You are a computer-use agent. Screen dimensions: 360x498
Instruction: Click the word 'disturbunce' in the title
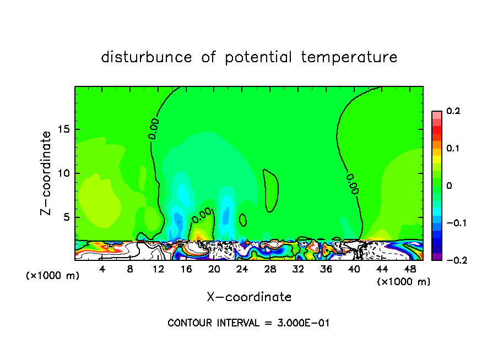[147, 57]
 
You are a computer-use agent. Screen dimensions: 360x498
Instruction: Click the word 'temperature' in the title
[349, 57]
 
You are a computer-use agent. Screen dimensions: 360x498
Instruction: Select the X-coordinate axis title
[249, 297]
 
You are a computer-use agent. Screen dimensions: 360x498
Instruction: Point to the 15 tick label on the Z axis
[62, 129]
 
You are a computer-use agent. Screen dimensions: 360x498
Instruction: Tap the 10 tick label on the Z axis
[62, 173]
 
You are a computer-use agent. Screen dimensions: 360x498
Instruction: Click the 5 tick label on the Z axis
[66, 217]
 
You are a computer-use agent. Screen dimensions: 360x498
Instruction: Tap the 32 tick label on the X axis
[298, 269]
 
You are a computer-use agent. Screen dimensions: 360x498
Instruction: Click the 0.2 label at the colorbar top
[453, 111]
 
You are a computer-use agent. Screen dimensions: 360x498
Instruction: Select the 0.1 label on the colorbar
[453, 149]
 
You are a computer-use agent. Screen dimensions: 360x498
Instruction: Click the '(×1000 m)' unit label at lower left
[53, 276]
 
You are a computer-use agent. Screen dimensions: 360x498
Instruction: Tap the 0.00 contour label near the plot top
[154, 128]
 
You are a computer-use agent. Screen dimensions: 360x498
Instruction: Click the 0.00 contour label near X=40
[353, 184]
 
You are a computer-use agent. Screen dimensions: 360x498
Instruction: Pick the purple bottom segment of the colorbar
[437, 257]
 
